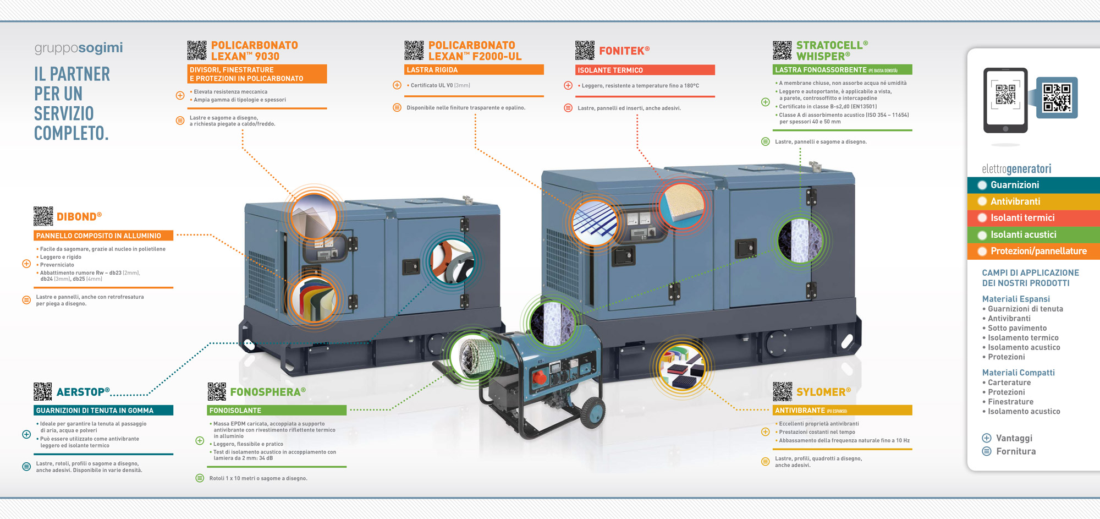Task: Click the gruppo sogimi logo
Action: (79, 48)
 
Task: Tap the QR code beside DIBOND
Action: (43, 216)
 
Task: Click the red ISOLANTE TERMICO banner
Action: (645, 70)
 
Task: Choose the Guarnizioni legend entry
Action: (1014, 185)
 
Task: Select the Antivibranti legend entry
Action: (1015, 201)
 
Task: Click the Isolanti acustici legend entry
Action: (1023, 234)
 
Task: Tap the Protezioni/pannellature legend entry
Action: (1038, 251)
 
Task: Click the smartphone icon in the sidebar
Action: (1005, 100)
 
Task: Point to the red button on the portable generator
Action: (540, 377)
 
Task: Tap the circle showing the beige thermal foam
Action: (682, 204)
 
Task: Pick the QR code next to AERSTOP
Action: (43, 391)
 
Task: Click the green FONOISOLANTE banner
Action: (277, 411)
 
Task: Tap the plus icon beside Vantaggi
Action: (987, 438)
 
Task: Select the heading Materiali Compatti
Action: (1018, 373)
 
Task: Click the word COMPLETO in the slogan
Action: (71, 134)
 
